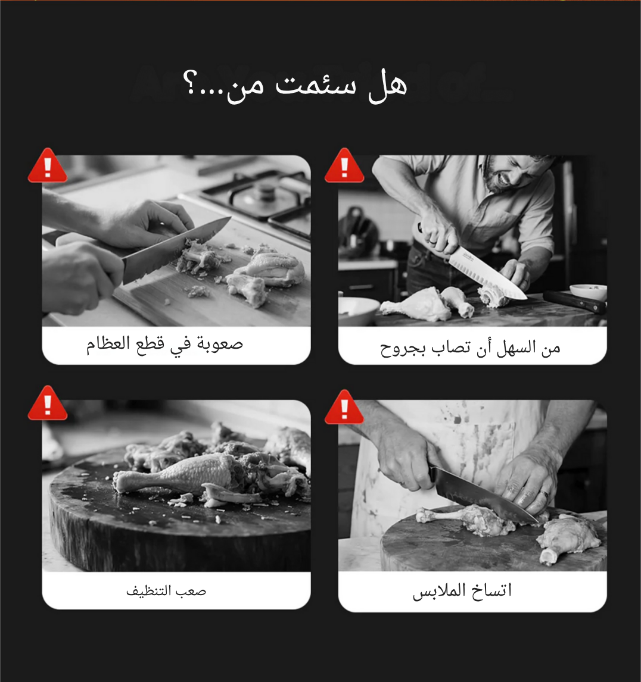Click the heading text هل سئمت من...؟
pos(295,85)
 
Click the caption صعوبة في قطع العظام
pos(164,344)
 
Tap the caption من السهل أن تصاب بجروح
pos(470,348)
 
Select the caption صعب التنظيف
pos(166,591)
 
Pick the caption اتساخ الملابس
pos(462,591)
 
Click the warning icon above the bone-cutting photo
pos(48,165)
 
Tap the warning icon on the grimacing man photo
pos(344,165)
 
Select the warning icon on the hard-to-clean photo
pos(48,403)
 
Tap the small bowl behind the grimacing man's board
pos(589,292)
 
